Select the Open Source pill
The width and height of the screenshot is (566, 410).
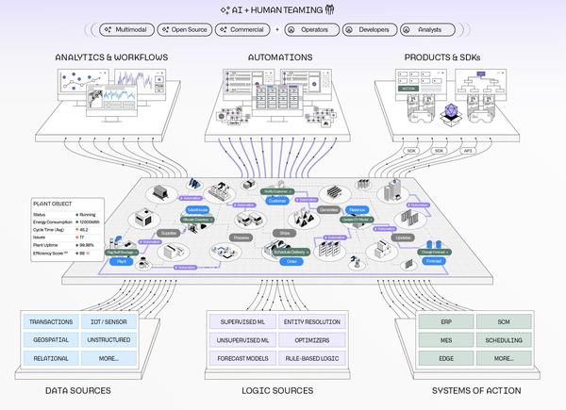pos(185,30)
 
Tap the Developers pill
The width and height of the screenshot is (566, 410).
pos(367,30)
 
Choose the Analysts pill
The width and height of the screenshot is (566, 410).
pos(424,30)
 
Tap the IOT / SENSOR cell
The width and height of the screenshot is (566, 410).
pos(108,322)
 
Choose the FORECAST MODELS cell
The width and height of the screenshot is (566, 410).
pos(243,358)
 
